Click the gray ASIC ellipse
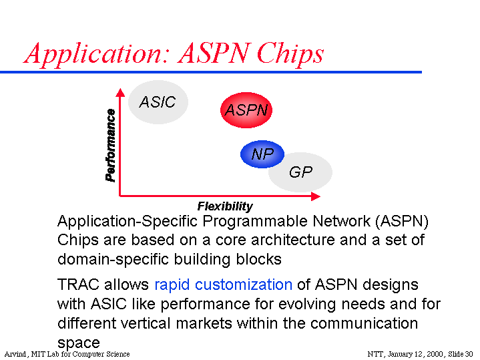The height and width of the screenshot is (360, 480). (158, 102)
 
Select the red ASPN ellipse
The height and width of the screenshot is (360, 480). (246, 110)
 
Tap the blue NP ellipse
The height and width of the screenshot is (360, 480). (262, 154)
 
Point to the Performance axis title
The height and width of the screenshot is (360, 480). (110, 145)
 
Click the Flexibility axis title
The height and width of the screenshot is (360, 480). (225, 206)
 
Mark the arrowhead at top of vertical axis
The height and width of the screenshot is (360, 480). (120, 93)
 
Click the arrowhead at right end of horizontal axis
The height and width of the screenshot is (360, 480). (316, 196)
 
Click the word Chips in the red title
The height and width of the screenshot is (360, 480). (290, 54)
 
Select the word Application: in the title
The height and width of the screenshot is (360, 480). (96, 54)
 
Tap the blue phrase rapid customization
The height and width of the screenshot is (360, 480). (224, 285)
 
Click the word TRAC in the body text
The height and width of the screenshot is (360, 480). (78, 285)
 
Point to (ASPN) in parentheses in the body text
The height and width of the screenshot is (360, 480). (402, 221)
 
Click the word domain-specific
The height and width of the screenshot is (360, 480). (113, 260)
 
